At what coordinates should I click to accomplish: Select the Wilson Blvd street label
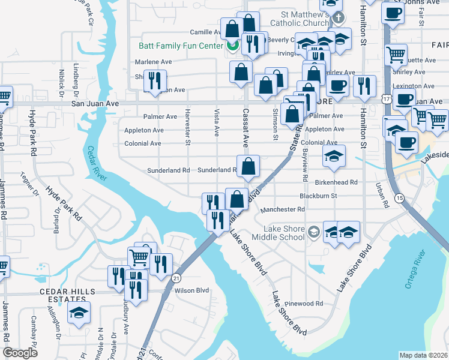[x=191, y=290]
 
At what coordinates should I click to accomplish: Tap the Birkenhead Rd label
[x=336, y=182]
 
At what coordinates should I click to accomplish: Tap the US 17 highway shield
[x=387, y=97]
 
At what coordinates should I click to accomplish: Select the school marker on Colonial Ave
[x=334, y=157]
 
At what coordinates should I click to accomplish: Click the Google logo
[x=20, y=353]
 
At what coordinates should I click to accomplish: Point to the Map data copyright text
[x=423, y=355]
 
